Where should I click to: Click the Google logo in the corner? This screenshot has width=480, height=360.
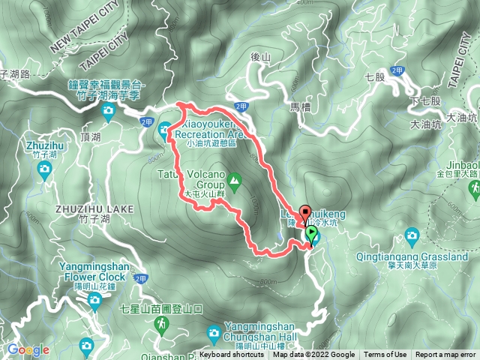(28, 349)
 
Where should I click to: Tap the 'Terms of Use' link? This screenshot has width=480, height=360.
(385, 355)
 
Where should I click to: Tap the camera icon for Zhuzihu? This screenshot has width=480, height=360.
(44, 167)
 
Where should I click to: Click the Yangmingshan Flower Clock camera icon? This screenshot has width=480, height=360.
(94, 301)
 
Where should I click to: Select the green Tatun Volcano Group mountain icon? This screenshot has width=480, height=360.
(234, 180)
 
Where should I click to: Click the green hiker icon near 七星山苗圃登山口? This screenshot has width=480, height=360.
(160, 323)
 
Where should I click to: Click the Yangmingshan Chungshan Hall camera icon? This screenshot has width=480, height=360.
(214, 331)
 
